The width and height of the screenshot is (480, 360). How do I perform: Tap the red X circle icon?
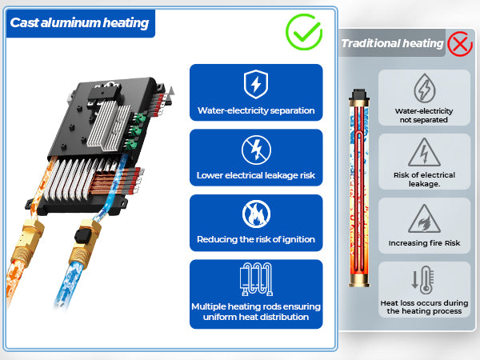coord(460,42)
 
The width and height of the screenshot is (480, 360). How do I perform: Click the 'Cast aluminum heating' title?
coord(79,22)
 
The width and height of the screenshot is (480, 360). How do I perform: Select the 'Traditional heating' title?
coord(392,43)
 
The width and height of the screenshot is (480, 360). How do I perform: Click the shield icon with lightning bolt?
coord(255,84)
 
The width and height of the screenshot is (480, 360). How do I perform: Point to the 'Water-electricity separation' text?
coord(256,110)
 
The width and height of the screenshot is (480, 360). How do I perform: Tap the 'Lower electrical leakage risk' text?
coord(256,175)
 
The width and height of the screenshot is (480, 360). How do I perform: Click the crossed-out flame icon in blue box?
coord(255,214)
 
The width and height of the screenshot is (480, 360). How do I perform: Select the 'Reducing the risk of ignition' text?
coord(256,239)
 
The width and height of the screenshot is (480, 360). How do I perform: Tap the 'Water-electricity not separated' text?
coord(424,114)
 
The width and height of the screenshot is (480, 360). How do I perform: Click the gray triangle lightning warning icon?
coord(423,152)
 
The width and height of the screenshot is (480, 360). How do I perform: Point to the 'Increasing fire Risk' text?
coord(424,242)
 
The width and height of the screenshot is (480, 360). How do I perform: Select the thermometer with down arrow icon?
coord(423,280)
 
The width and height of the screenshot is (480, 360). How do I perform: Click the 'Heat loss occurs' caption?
coord(424,307)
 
